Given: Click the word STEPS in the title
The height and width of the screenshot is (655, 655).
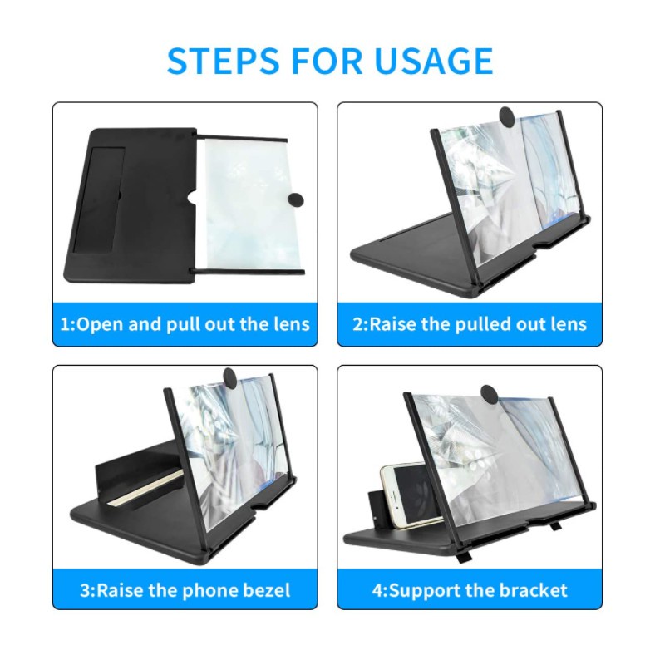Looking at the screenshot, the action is click(224, 61).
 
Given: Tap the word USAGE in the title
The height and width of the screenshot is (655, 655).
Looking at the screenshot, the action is click(433, 61).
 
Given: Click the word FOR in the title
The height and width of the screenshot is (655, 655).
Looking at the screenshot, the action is click(327, 61).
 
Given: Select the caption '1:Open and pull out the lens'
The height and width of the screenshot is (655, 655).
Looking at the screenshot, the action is click(185, 324).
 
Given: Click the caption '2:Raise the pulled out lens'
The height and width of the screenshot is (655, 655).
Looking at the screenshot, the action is click(470, 324).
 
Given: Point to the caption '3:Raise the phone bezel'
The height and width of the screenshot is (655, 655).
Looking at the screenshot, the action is click(185, 590).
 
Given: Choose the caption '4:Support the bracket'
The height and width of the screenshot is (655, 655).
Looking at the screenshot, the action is click(470, 590).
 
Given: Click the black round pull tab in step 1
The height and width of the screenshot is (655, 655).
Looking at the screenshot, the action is click(296, 200).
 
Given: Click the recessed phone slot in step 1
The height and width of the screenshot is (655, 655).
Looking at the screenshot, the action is click(100, 200).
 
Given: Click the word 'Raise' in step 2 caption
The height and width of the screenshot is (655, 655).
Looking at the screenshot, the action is click(392, 324).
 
